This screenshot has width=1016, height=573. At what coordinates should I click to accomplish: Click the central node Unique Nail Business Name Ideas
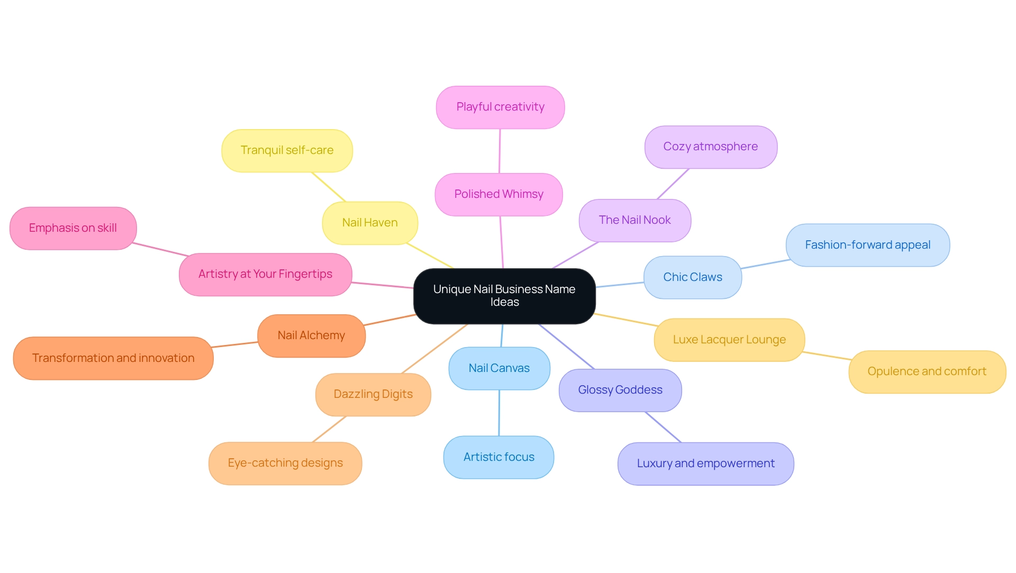point(504,296)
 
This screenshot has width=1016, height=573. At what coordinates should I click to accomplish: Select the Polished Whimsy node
point(498,194)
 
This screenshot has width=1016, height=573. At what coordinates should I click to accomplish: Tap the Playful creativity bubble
point(500,107)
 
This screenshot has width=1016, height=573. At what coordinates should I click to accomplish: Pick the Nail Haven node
point(370,223)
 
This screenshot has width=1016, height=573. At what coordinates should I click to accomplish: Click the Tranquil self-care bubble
point(287,150)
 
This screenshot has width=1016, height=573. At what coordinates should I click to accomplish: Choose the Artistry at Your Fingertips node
point(265,274)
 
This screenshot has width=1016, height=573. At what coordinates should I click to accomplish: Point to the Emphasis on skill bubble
point(73,228)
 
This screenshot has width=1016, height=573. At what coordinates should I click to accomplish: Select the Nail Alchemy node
point(311,335)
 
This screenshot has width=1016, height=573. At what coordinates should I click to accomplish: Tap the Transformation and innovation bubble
point(113,358)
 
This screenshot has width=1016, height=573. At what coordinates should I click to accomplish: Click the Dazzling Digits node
point(373,394)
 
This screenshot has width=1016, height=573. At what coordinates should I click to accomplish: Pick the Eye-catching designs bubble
point(285,463)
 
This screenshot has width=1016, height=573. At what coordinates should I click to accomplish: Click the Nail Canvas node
point(499,368)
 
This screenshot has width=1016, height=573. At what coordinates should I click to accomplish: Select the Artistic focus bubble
point(498,457)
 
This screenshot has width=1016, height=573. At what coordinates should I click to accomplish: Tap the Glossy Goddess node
point(620,390)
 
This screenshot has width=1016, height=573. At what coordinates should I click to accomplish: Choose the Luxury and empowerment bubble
point(705,463)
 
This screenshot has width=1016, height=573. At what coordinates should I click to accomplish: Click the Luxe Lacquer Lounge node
point(729,340)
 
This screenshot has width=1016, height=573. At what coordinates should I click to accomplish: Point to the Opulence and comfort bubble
point(927,371)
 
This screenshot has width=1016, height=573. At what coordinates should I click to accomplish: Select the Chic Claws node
point(693,277)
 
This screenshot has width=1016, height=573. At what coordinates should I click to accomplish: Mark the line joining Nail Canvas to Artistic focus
point(499,413)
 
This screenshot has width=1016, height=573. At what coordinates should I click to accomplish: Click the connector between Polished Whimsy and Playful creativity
point(500,151)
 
